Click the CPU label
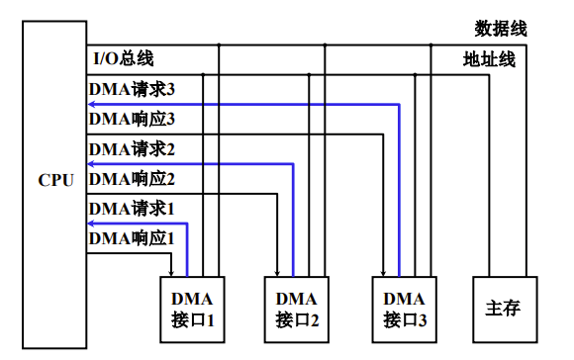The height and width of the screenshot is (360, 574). (55, 183)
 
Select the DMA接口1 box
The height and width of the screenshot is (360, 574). (193, 309)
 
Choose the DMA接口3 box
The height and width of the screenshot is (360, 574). (404, 309)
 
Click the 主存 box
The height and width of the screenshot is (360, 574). (504, 309)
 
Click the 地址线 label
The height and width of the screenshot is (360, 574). (490, 59)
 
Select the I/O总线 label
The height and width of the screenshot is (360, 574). (124, 59)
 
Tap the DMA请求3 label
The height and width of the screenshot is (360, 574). (132, 90)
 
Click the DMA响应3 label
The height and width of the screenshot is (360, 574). (132, 120)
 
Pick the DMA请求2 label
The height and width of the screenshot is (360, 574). (132, 149)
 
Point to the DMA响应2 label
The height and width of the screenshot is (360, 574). (132, 179)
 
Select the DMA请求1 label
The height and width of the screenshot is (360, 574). (132, 209)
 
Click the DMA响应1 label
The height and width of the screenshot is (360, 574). (132, 238)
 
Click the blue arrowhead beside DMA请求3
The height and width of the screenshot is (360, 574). (93, 103)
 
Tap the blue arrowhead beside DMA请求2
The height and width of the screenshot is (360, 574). (93, 163)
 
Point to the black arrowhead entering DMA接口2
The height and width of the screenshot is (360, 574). (277, 273)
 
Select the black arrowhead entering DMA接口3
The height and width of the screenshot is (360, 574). (384, 273)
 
